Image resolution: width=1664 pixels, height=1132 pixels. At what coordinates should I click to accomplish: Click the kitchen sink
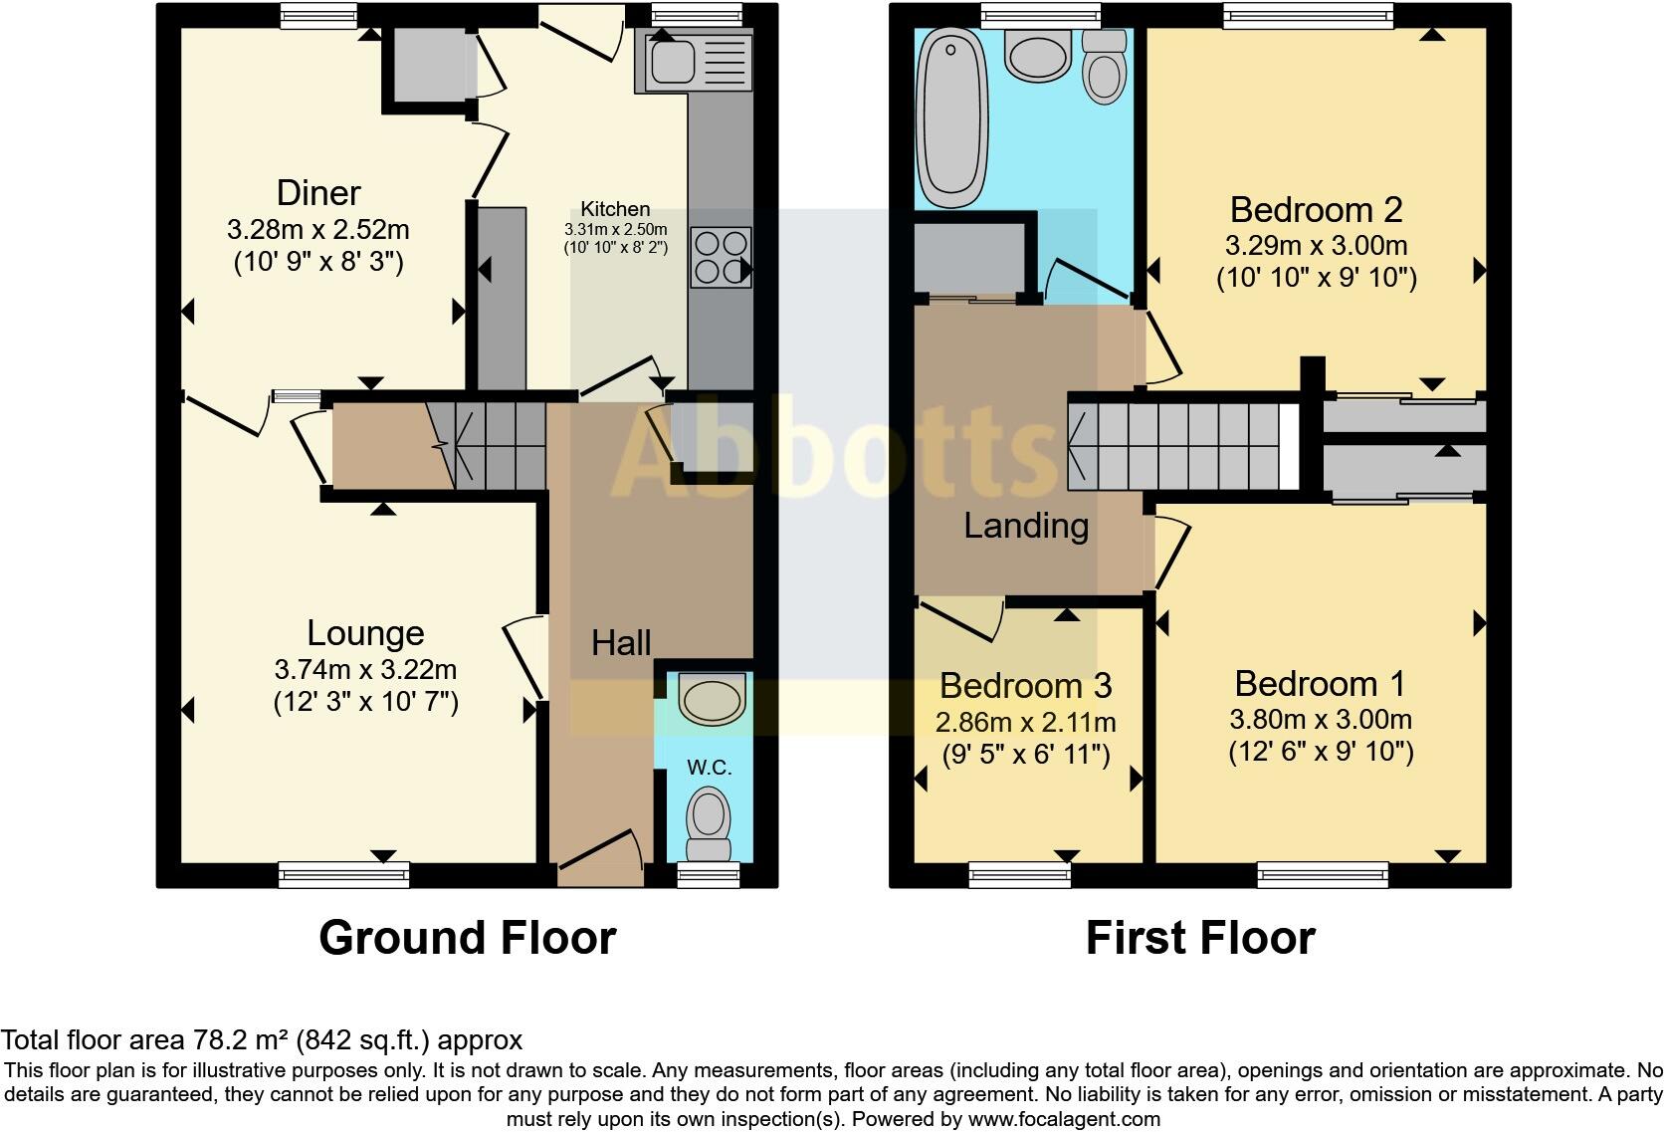[x=673, y=60]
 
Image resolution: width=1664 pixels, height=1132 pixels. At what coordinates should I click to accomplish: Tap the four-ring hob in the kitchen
[x=721, y=258]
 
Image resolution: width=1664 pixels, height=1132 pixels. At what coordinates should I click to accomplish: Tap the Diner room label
[x=318, y=192]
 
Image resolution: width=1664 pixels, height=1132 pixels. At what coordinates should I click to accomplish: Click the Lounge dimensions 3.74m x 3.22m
[x=365, y=669]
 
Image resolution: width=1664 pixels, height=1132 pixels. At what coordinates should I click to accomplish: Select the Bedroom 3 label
[x=1025, y=686]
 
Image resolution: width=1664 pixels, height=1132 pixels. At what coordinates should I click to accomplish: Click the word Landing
[x=1026, y=526]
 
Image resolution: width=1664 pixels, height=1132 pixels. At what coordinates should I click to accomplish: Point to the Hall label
[x=621, y=643]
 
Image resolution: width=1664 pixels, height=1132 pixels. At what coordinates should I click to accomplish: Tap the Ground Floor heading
[x=467, y=938]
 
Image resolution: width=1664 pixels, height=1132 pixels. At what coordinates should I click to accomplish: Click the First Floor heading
[x=1199, y=938]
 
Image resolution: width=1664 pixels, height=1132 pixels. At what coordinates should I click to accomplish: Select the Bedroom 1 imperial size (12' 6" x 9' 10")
[x=1321, y=752]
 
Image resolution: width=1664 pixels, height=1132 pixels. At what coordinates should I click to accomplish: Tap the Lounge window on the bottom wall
[x=343, y=876]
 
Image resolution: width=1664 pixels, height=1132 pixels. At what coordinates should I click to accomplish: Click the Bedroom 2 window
[x=1307, y=14]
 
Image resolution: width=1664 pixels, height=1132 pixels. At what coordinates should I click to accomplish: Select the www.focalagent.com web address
[x=1064, y=1118]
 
